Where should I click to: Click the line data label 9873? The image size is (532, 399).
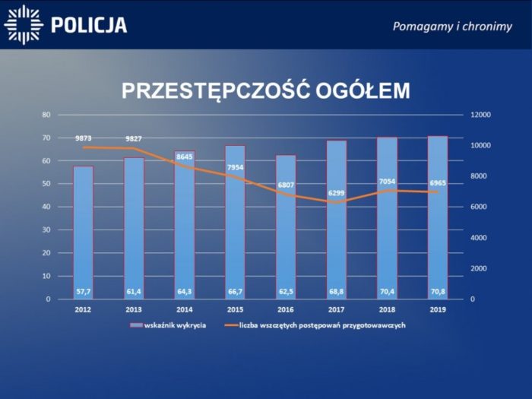pos(83,138)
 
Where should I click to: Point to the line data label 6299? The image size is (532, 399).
pos(337,193)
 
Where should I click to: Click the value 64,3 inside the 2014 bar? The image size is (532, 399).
pos(185,290)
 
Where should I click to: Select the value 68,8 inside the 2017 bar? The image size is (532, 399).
pos(337,290)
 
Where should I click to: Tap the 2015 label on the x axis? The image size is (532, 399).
pos(235,310)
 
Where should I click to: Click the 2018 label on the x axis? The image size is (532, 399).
pos(387,310)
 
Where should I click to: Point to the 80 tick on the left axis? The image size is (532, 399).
pos(46,115)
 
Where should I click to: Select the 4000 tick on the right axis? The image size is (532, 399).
pos(480,238)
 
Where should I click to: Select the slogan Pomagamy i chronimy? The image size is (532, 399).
pos(452,26)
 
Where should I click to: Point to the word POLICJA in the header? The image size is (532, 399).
pos(88,25)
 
